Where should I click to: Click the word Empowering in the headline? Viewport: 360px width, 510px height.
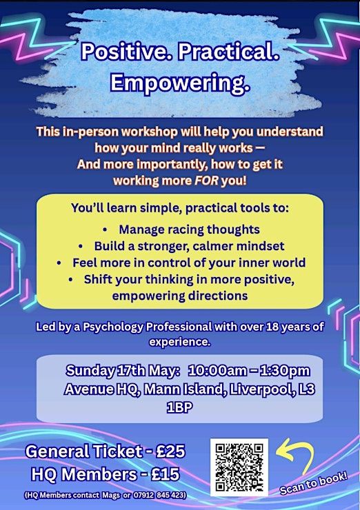(180, 83)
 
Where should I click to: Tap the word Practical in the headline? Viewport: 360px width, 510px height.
(228, 52)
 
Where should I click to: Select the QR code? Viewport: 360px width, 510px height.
(239, 467)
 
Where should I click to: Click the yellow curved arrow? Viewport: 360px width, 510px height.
(294, 453)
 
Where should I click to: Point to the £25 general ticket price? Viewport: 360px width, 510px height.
(170, 451)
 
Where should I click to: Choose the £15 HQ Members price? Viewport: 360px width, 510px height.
(166, 474)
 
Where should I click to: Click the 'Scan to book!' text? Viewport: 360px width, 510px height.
(314, 483)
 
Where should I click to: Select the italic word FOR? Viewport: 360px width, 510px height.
(206, 181)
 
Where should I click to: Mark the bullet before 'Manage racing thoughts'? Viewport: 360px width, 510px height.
(105, 230)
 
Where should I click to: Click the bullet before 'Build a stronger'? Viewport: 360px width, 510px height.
(81, 247)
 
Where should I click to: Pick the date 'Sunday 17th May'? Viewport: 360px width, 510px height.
(123, 371)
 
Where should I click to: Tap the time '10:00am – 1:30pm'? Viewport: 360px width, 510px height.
(249, 371)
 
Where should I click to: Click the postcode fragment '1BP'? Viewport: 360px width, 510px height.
(179, 407)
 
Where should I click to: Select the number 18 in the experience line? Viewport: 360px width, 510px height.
(272, 327)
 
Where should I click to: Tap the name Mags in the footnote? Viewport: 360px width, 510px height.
(111, 495)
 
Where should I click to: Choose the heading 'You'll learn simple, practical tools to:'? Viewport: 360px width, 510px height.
(180, 208)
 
